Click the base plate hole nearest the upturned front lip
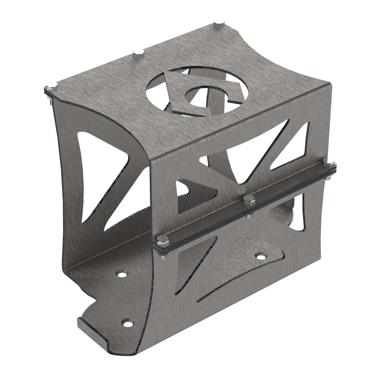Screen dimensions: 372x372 pos(127,323)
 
